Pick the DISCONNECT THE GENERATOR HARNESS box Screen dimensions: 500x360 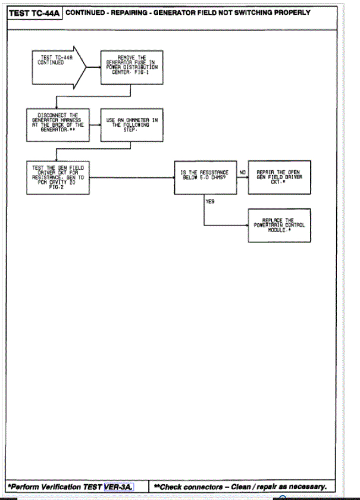(58, 124)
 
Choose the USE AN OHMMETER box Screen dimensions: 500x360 (132, 124)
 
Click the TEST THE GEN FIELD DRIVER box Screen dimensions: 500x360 (58, 177)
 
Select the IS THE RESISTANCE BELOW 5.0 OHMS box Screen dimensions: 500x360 (205, 177)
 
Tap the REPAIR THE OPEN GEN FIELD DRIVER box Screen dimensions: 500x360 (278, 177)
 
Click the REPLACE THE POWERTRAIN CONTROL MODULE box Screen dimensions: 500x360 (278, 224)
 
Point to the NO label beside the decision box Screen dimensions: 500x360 (242, 173)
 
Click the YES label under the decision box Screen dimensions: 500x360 (209, 201)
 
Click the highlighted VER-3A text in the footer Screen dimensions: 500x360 (118, 486)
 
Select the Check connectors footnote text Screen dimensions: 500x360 (241, 486)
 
